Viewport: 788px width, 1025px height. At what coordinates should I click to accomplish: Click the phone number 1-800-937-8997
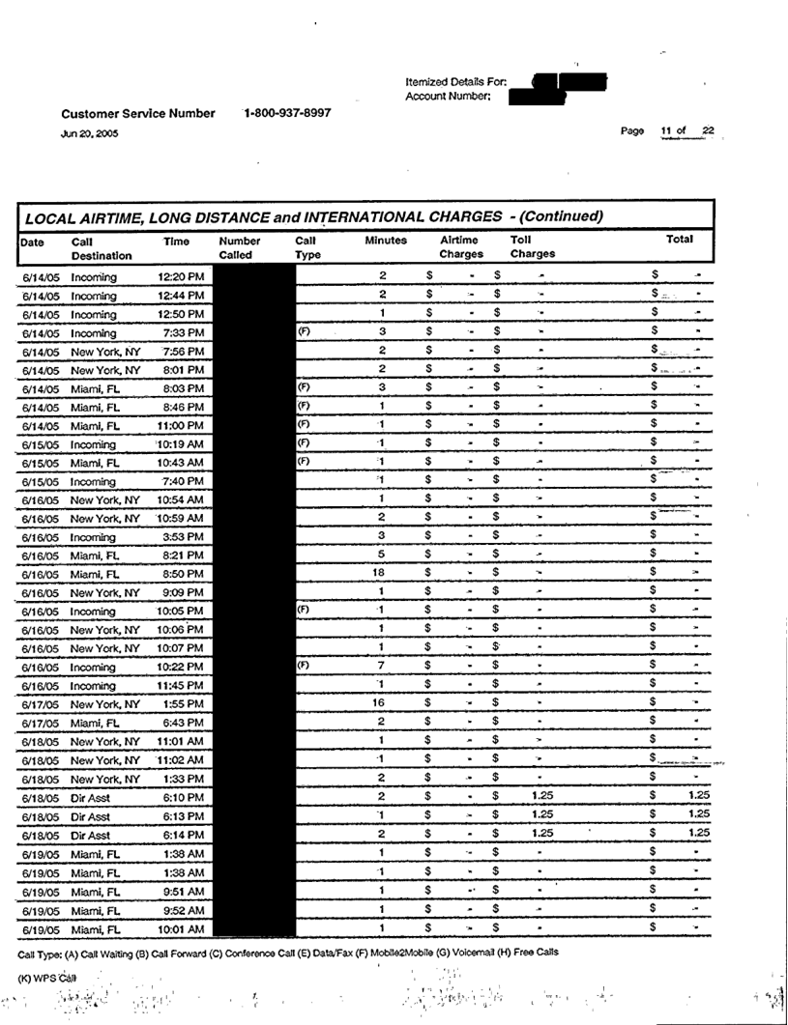[x=287, y=113]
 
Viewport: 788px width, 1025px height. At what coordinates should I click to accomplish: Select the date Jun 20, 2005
[x=90, y=134]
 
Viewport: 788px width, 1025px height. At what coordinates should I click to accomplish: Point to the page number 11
[x=666, y=131]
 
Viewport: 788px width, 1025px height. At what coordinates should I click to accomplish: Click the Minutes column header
[x=386, y=240]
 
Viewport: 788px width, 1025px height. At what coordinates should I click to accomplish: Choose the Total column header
[x=680, y=239]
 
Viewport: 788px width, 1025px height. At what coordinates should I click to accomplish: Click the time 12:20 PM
[x=181, y=277]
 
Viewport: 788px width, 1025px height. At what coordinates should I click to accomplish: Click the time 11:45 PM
[x=181, y=685]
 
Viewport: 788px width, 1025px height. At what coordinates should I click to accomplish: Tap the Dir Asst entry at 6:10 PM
[x=91, y=797]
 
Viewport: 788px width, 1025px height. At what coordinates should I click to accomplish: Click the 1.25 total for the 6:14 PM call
[x=699, y=834]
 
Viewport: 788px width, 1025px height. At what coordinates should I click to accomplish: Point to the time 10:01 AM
[x=181, y=929]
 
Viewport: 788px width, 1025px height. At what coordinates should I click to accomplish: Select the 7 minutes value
[x=383, y=666]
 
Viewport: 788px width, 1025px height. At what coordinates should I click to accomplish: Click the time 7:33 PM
[x=183, y=332]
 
